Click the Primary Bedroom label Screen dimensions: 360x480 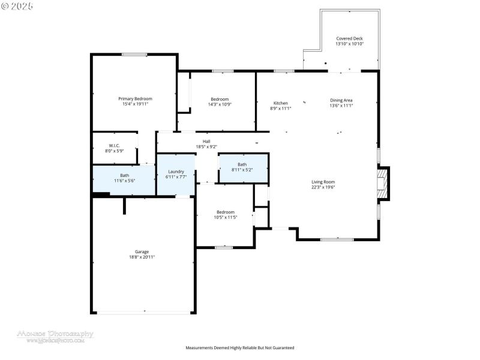pyautogui.click(x=135, y=98)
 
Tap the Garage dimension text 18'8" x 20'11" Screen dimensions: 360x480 pyautogui.click(x=142, y=257)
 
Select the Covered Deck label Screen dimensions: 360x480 pyautogui.click(x=349, y=38)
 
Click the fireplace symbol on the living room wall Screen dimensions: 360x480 pyautogui.click(x=383, y=182)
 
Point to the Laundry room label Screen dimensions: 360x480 pyautogui.click(x=175, y=172)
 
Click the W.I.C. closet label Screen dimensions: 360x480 pyautogui.click(x=114, y=146)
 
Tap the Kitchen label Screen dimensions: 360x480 pyautogui.click(x=281, y=103)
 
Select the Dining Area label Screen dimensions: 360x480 pyautogui.click(x=341, y=100)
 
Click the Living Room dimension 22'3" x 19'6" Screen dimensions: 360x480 pyautogui.click(x=323, y=187)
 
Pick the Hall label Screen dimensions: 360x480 pyautogui.click(x=206, y=142)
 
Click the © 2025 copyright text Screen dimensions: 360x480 pyautogui.click(x=17, y=5)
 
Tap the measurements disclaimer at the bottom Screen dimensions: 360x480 pyautogui.click(x=240, y=347)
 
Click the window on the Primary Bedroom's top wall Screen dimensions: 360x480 pyautogui.click(x=134, y=55)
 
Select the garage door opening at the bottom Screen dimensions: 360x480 pyautogui.click(x=144, y=312)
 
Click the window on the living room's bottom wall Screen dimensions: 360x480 pyautogui.click(x=337, y=240)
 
